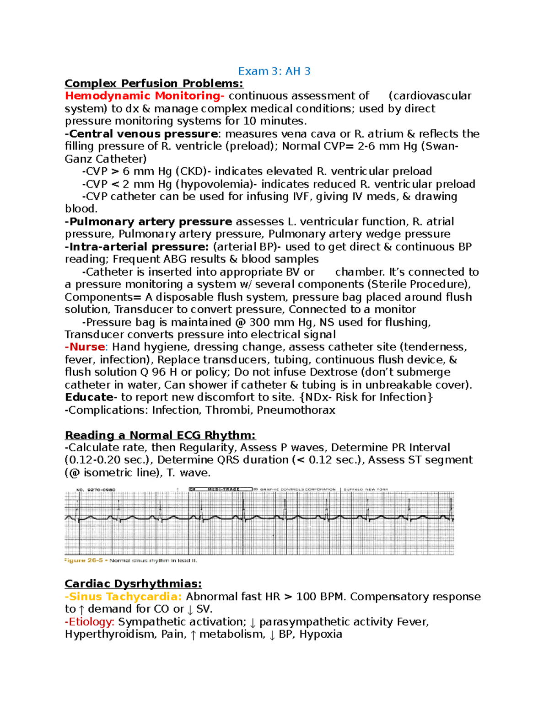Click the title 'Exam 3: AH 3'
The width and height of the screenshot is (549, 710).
click(274, 71)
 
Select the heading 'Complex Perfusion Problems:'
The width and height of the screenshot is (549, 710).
click(154, 84)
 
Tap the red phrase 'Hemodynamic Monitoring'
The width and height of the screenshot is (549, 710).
click(142, 96)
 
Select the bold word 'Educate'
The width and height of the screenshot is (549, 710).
click(89, 397)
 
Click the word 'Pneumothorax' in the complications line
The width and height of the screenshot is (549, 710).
click(296, 410)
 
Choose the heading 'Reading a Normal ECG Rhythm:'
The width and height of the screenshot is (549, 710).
click(160, 435)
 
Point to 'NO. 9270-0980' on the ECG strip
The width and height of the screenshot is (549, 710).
click(96, 490)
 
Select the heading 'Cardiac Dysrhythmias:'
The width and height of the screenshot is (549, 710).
click(133, 584)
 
